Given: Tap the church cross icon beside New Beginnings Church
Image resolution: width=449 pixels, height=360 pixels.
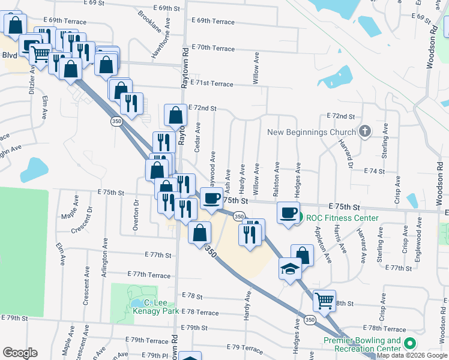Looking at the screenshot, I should point(364,132).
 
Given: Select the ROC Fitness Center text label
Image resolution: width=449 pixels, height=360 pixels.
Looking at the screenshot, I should point(342,218).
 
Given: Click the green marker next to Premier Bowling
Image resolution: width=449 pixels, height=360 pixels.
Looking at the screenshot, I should point(410,344).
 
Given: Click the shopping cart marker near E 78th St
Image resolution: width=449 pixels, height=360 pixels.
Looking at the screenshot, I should point(324,300).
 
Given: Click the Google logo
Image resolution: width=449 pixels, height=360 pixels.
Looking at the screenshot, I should point(20,353).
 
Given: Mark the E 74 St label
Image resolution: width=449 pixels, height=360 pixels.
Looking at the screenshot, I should point(374,171).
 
